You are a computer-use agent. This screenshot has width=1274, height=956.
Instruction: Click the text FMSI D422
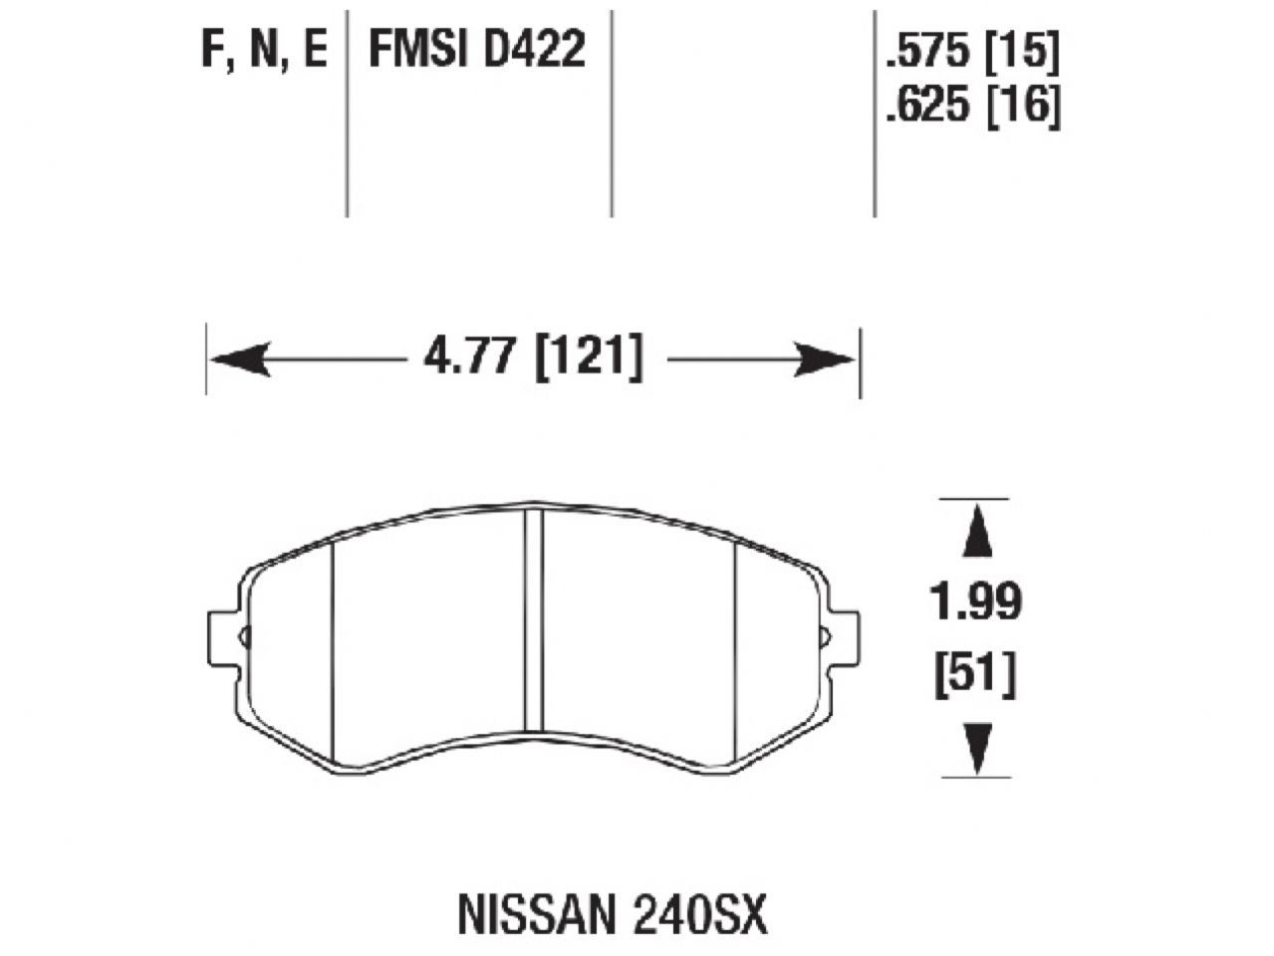pyautogui.click(x=477, y=50)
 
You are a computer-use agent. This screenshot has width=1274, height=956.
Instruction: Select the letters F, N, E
pyautogui.click(x=264, y=50)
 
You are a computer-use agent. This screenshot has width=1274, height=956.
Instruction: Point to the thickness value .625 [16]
pyautogui.click(x=971, y=105)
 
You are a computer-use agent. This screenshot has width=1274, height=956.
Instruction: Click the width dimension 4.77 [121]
pyautogui.click(x=533, y=359)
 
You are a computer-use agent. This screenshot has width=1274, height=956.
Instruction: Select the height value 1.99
pyautogui.click(x=975, y=603)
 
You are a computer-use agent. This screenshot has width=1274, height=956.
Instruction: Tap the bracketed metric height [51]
pyautogui.click(x=975, y=677)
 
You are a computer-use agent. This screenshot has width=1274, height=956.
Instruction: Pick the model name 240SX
pyautogui.click(x=702, y=916)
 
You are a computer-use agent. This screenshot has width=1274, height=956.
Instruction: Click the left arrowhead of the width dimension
pyautogui.click(x=239, y=359)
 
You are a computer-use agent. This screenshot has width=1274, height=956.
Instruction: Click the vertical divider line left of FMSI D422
pyautogui.click(x=347, y=110)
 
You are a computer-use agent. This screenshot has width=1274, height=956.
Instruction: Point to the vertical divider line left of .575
pyautogui.click(x=875, y=110)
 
